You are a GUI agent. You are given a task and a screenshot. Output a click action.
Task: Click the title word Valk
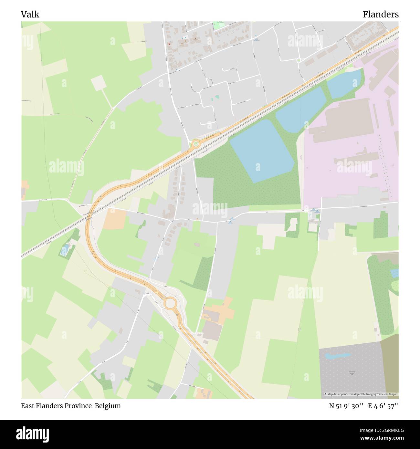(x=30, y=15)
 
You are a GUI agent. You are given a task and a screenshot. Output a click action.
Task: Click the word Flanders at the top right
(x=380, y=15)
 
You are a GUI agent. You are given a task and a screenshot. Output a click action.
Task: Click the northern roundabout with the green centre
(x=196, y=143)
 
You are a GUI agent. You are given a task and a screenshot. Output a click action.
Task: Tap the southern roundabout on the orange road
(x=170, y=303)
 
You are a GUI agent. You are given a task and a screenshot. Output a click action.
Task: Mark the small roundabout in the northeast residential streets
(x=299, y=60)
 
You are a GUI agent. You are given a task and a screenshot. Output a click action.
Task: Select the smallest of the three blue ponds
(x=344, y=83)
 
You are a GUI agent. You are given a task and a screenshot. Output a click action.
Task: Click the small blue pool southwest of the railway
(x=65, y=249)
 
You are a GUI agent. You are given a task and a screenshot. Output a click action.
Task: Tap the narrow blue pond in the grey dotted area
(x=338, y=356)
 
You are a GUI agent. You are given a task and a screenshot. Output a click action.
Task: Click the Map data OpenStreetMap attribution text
(x=361, y=394)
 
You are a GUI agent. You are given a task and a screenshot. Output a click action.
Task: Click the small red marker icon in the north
(x=169, y=44)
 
